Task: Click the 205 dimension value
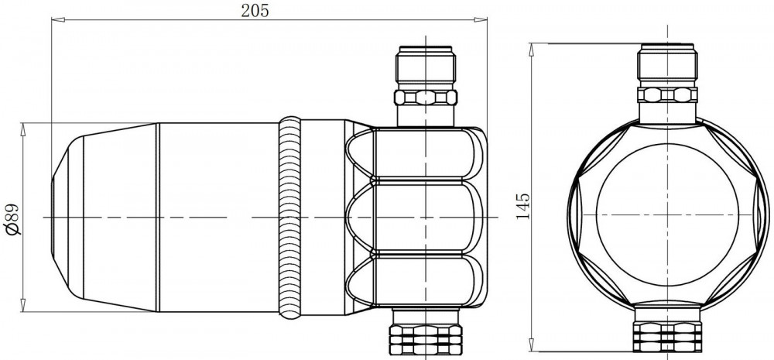tap(255, 10)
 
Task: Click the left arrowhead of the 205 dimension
tap(58, 20)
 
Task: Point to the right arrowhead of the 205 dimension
tap(481, 20)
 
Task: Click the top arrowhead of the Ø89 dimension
tap(22, 129)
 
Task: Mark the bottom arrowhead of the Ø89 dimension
tap(22, 305)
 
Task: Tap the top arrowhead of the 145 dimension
tap(532, 50)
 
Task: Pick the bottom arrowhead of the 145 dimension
tap(532, 345)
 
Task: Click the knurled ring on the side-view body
tap(289, 218)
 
